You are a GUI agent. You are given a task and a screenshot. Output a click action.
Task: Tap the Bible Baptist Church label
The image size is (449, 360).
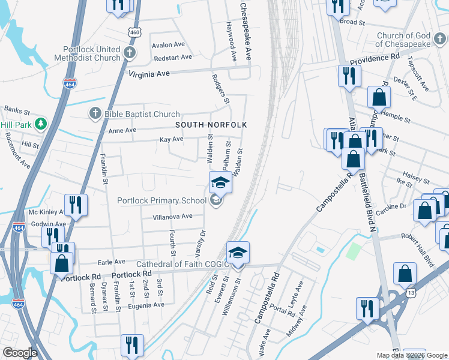[142, 114]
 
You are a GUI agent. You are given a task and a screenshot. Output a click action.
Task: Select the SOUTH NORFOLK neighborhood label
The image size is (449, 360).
[211, 125]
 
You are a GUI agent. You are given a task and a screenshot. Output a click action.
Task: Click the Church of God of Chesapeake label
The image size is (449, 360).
[412, 40]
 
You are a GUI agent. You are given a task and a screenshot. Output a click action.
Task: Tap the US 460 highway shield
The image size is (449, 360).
[133, 32]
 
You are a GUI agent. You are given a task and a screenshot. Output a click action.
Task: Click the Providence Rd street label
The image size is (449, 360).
[375, 59]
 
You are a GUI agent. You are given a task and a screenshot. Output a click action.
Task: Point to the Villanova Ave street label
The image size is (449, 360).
[172, 216]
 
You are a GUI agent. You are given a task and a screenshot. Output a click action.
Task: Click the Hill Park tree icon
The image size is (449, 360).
[41, 124]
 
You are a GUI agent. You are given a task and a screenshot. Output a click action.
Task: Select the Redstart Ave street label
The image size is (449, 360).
[172, 58]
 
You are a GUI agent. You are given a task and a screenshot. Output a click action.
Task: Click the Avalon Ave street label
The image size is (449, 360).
[168, 45]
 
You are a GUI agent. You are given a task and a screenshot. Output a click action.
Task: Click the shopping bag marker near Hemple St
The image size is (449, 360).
[379, 97]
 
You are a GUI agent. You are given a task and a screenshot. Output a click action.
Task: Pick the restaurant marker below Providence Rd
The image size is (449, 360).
[349, 76]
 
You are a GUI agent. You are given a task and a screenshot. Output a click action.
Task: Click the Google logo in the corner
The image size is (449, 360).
[20, 353]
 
